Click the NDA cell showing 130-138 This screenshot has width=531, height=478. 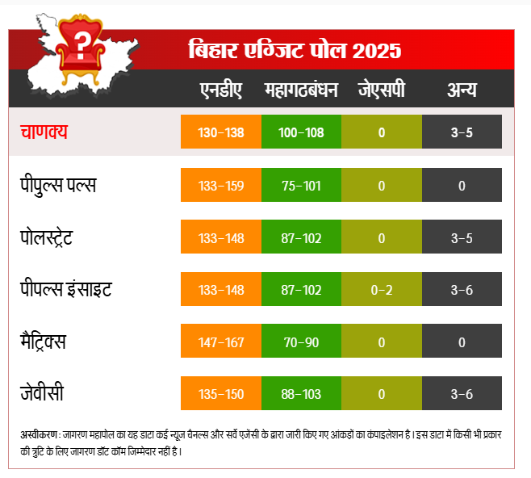(220, 132)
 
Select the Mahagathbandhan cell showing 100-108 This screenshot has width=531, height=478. (301, 132)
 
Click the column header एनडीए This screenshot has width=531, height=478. (220, 90)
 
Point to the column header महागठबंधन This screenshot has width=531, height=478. (301, 90)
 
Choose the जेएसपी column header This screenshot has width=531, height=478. (381, 90)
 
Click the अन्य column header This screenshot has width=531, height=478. (462, 90)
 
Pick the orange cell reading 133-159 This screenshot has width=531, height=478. (220, 186)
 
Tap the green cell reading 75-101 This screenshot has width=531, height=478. (301, 186)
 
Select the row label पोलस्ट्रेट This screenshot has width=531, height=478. (58, 237)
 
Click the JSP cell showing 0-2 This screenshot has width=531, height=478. (381, 290)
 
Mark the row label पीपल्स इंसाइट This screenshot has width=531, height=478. (66, 289)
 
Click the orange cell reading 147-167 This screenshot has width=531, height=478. (220, 342)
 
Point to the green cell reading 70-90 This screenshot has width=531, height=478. (301, 342)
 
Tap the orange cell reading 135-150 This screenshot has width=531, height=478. (220, 394)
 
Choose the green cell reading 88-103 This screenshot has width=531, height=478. (301, 394)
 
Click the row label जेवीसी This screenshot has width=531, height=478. (42, 394)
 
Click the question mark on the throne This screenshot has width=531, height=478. (82, 40)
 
